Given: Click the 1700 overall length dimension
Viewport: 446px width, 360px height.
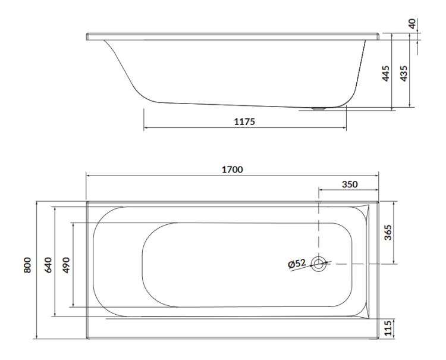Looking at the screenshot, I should (x=232, y=169).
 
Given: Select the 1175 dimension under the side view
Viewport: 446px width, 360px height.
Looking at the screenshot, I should (x=244, y=121).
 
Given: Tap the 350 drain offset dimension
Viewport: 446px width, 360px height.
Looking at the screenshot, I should (x=349, y=184).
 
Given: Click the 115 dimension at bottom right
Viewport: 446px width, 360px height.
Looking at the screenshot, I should (x=388, y=328).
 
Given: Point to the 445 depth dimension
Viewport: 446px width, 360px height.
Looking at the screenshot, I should (x=385, y=73).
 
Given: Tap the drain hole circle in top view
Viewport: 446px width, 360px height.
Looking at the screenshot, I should (x=319, y=264).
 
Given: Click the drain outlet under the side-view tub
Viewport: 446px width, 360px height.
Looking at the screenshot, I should (x=319, y=109).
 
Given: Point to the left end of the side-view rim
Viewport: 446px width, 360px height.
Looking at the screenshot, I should (x=88, y=36).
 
